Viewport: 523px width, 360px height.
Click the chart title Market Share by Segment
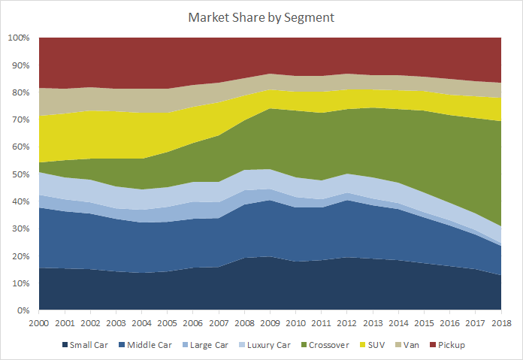(x=261, y=17)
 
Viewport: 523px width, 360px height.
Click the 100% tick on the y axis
(x=18, y=38)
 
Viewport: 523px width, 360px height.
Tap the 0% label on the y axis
(x=23, y=310)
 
